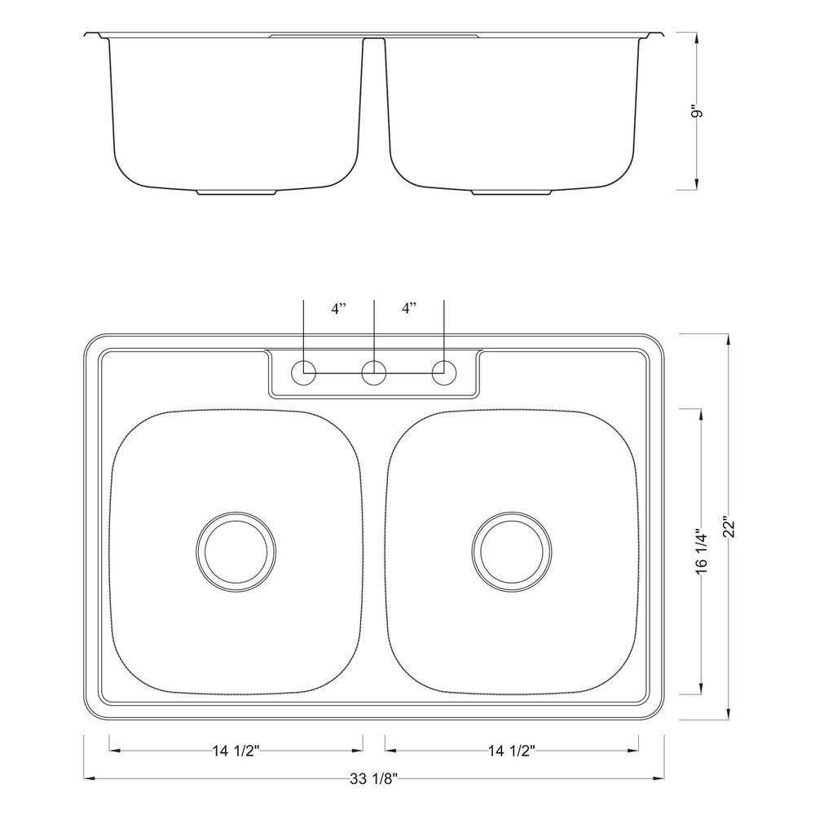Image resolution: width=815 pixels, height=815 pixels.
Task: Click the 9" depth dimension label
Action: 696,111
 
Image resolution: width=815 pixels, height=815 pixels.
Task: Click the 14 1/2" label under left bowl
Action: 236,751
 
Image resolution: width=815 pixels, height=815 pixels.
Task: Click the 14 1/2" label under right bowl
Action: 511,751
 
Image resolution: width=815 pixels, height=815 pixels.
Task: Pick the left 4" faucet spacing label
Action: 339,308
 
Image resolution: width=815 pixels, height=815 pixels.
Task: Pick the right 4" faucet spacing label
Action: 409,308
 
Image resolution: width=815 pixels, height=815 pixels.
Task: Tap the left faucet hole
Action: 304,372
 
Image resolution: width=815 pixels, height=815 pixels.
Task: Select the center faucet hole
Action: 374,372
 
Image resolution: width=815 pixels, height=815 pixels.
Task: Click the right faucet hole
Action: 444,372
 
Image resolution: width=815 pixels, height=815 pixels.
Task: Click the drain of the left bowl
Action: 236,549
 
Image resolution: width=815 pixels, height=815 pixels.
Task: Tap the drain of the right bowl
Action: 512,549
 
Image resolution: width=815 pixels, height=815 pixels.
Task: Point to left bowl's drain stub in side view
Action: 236,193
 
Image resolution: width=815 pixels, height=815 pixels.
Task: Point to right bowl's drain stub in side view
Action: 512,193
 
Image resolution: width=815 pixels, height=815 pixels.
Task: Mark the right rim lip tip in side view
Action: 662,33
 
